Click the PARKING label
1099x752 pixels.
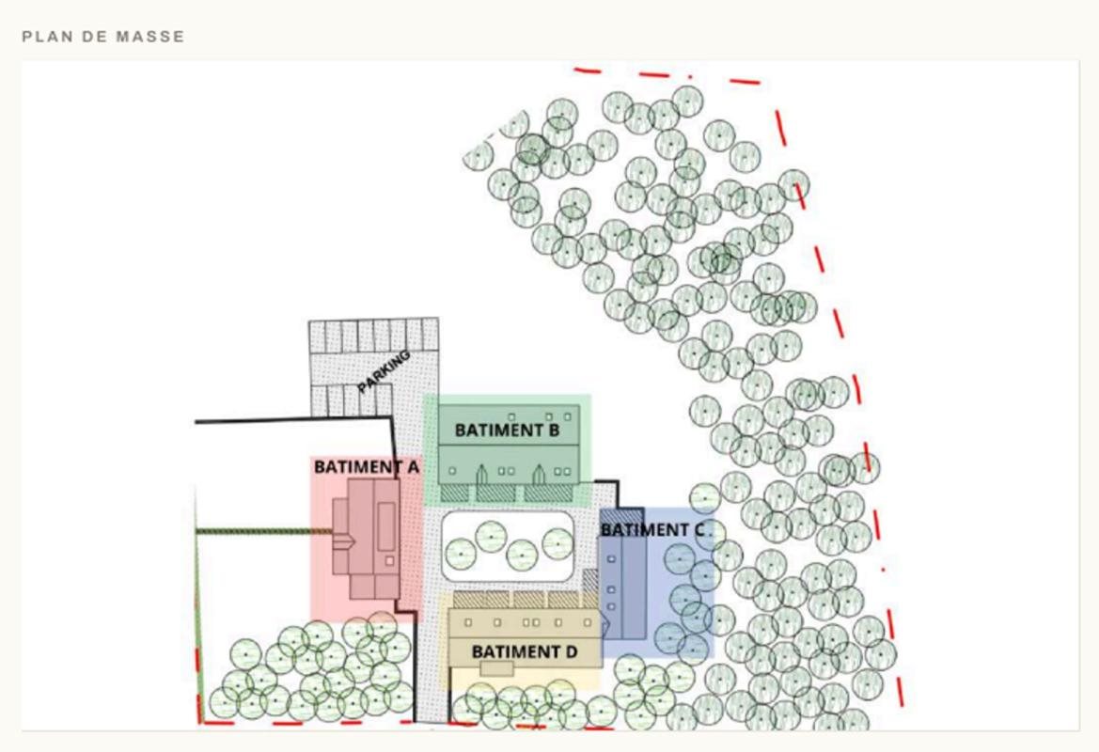pyautogui.click(x=384, y=371)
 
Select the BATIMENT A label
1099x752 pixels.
pyautogui.click(x=367, y=467)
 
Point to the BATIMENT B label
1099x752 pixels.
pyautogui.click(x=507, y=430)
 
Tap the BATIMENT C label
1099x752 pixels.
pyautogui.click(x=652, y=530)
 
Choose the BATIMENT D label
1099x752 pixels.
pyautogui.click(x=525, y=652)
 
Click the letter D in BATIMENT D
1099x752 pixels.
pyautogui.click(x=572, y=652)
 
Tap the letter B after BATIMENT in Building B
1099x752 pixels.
pyautogui.click(x=554, y=430)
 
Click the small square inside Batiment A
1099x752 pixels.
pyautogui.click(x=389, y=560)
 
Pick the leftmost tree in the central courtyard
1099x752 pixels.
pyautogui.click(x=461, y=555)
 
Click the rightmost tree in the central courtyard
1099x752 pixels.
pyautogui.click(x=557, y=543)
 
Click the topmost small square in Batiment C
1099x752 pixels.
pyautogui.click(x=612, y=559)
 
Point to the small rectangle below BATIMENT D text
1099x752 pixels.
pyautogui.click(x=497, y=668)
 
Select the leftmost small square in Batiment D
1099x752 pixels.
pyautogui.click(x=468, y=622)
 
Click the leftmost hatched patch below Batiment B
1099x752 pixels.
pyautogui.click(x=454, y=493)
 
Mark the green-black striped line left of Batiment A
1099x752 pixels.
pyautogui.click(x=264, y=531)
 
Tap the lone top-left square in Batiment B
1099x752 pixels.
pyautogui.click(x=512, y=417)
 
